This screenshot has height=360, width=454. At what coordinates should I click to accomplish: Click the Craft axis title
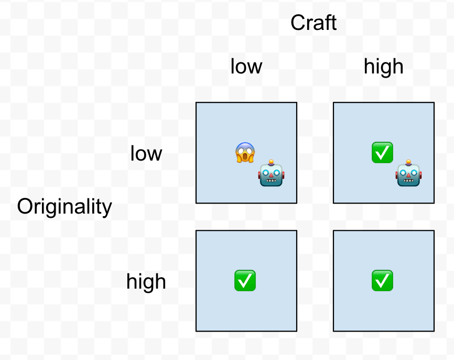[314, 23]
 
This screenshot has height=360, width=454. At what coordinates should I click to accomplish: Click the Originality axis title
[64, 207]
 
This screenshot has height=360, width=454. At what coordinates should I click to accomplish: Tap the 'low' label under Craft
[246, 67]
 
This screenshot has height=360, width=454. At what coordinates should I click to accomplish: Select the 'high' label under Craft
[384, 67]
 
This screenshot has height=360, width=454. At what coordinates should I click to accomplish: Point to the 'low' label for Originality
[146, 154]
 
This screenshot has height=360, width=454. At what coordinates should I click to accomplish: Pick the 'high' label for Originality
[146, 282]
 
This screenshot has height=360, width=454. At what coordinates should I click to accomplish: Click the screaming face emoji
[245, 153]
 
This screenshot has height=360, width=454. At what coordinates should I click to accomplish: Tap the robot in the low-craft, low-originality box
[271, 173]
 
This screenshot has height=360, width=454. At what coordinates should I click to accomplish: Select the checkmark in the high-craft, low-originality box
[382, 153]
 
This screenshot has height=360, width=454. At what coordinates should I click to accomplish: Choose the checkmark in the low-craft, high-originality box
[245, 281]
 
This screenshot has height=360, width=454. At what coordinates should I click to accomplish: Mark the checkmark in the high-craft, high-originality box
[382, 281]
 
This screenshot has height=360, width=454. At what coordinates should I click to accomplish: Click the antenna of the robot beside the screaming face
[271, 162]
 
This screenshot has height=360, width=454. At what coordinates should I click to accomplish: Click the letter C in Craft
[297, 23]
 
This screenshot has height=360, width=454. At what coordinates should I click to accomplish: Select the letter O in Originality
[25, 207]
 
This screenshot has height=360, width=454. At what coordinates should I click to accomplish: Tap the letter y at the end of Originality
[107, 209]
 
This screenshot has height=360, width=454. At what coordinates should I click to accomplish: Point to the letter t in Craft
[333, 23]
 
